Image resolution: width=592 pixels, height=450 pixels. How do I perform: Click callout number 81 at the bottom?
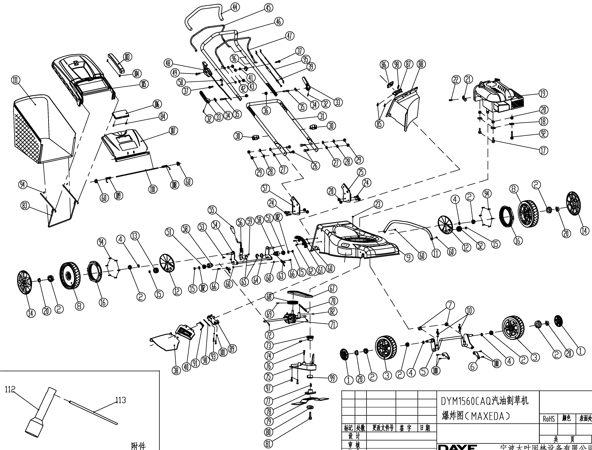tap(268, 444)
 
